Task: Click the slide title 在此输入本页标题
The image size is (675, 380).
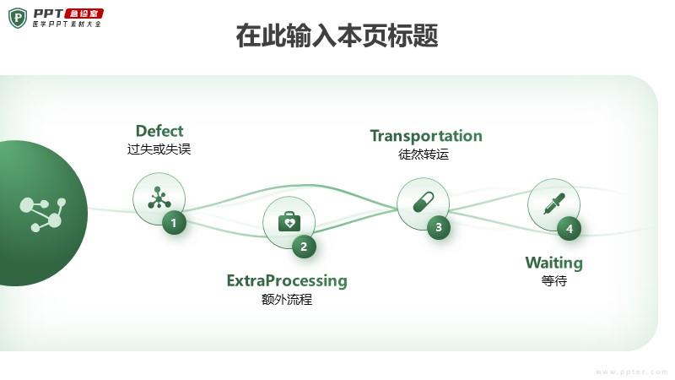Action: click(x=337, y=37)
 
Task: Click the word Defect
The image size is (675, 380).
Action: click(x=159, y=131)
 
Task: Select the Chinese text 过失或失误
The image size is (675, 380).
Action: click(x=159, y=149)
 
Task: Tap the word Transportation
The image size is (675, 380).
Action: click(x=426, y=136)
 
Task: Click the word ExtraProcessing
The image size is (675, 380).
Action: click(x=287, y=280)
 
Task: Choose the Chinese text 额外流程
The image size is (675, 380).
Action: click(x=287, y=299)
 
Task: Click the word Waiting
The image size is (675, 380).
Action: click(x=553, y=263)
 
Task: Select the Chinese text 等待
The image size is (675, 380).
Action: click(x=553, y=281)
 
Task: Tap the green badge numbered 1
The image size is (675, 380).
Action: click(x=174, y=223)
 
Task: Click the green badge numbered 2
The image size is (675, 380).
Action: click(x=304, y=247)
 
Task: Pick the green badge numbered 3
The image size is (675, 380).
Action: click(x=438, y=227)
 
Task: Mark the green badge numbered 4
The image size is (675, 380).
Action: click(x=569, y=228)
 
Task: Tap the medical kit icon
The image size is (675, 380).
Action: click(x=289, y=222)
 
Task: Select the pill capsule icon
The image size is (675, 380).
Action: click(x=423, y=203)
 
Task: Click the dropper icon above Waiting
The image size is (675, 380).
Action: click(x=553, y=204)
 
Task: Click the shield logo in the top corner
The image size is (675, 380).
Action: click(x=17, y=17)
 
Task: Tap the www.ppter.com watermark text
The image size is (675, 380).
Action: click(x=631, y=372)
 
